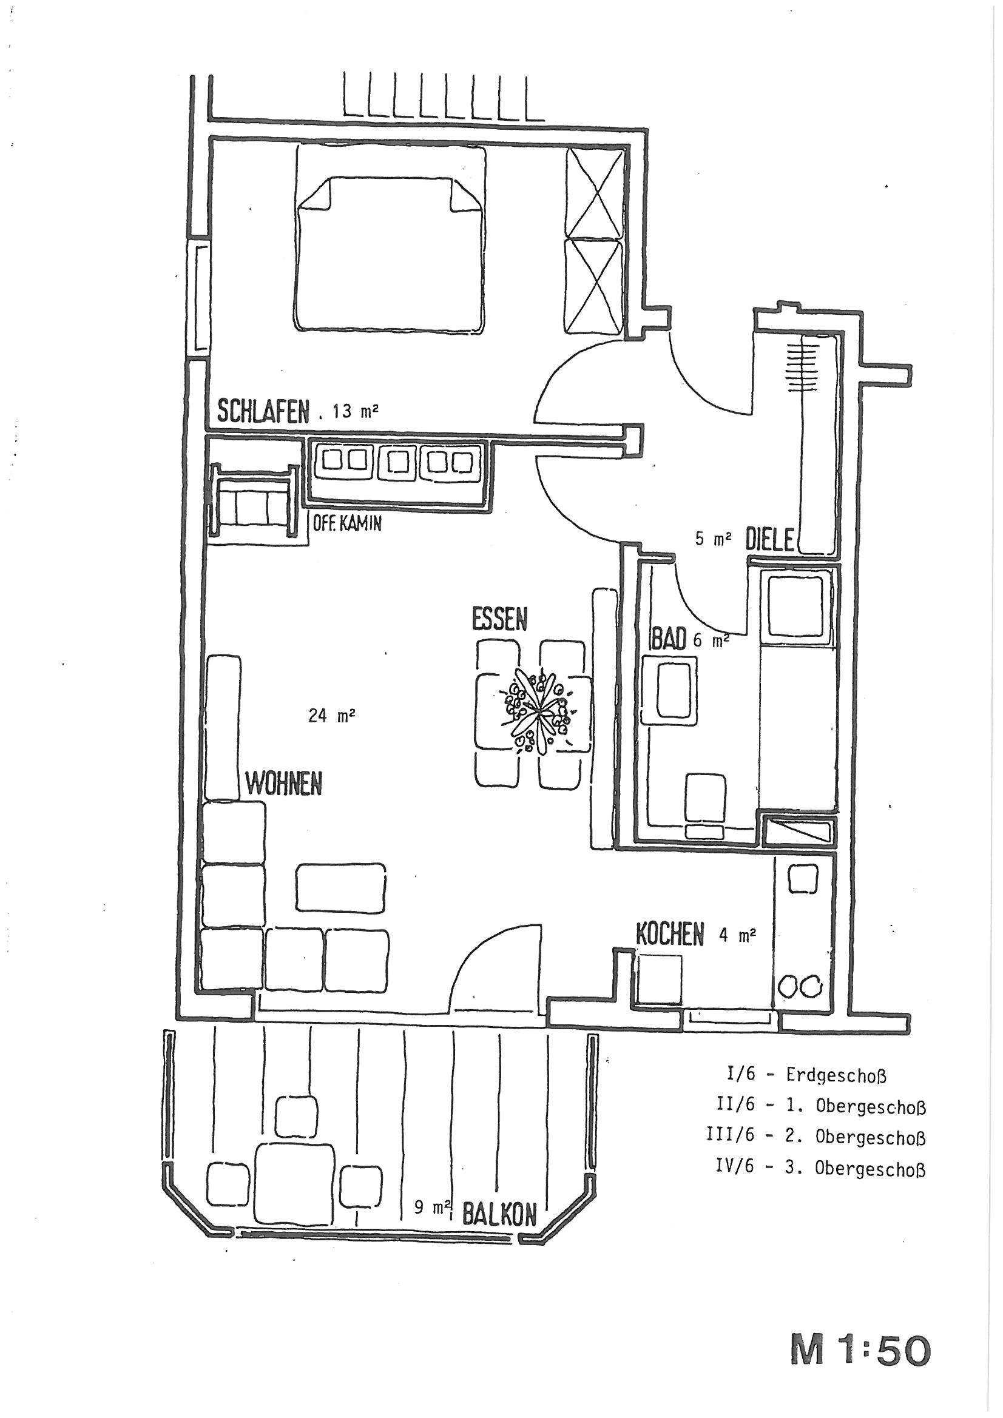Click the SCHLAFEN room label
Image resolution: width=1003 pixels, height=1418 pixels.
coord(263,411)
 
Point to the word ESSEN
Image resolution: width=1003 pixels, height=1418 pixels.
coord(499,619)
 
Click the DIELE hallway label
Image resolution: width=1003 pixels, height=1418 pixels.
coord(769,540)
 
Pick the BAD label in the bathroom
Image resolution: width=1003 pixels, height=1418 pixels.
coord(669,639)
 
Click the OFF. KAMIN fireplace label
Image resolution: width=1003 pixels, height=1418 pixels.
coord(347,525)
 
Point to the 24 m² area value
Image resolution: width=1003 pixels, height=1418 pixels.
coord(331,716)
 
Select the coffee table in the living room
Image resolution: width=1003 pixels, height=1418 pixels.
coord(341,887)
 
